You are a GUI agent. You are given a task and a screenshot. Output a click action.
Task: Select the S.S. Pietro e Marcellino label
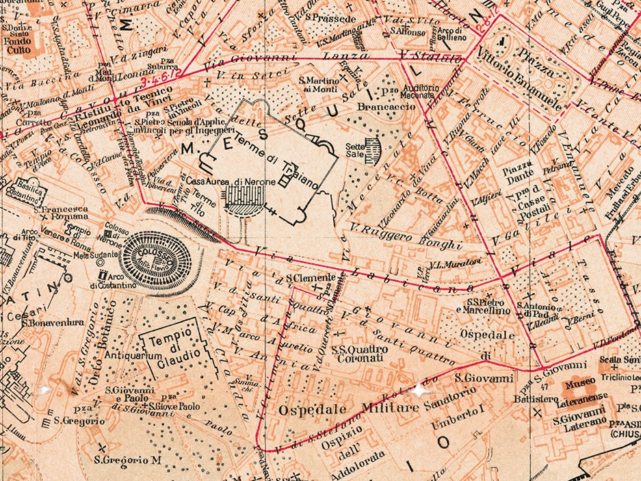488,306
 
